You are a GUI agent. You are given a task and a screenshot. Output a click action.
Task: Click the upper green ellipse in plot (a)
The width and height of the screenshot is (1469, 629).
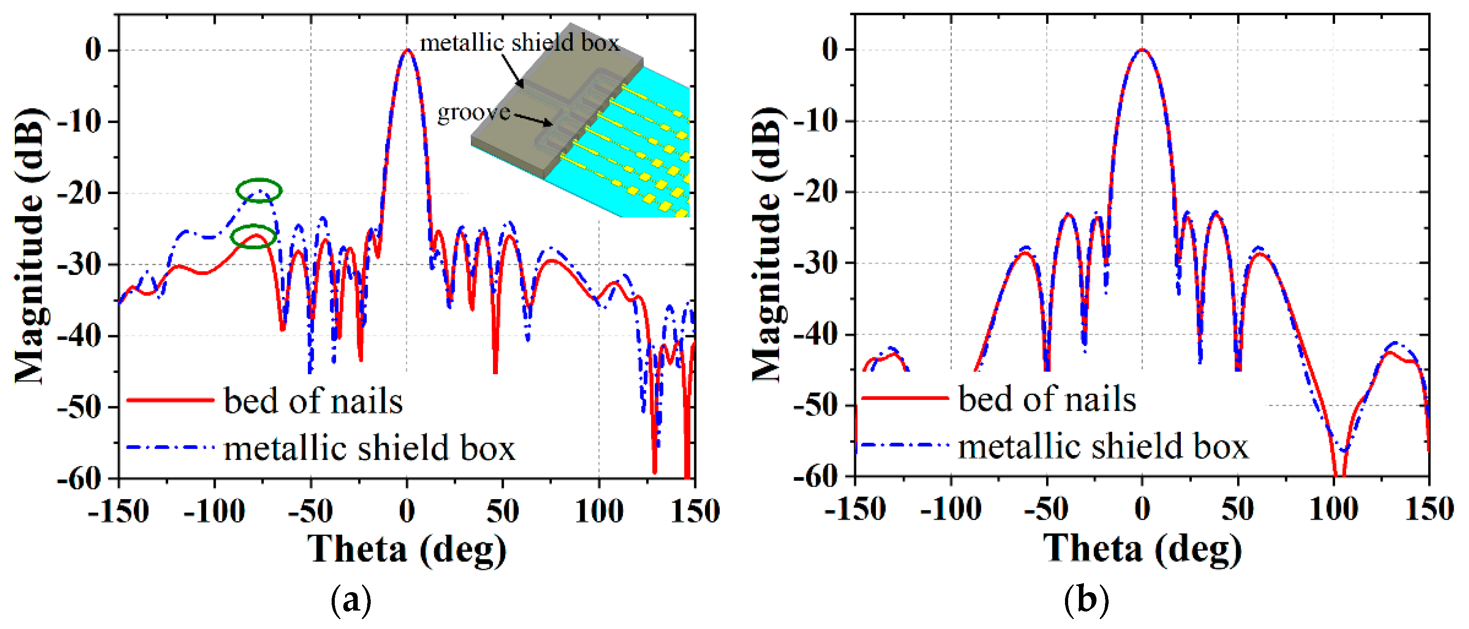click(x=259, y=190)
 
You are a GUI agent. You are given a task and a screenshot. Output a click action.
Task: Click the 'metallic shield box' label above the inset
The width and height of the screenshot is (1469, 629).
click(x=519, y=43)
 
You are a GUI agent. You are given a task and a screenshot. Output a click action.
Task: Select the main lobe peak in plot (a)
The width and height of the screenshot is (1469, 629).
click(x=407, y=50)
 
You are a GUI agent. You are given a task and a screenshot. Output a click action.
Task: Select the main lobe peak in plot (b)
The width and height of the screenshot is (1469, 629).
click(x=1142, y=50)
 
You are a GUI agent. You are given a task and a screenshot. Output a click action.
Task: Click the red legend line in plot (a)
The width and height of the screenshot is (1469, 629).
click(x=169, y=400)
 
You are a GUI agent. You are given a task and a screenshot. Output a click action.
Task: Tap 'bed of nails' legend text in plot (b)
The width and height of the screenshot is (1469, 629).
click(x=1047, y=399)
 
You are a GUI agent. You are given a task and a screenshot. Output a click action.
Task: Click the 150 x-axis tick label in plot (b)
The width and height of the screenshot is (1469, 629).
click(x=1429, y=509)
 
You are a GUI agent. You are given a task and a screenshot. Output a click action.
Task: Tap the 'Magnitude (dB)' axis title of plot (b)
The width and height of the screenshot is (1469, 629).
click(x=767, y=245)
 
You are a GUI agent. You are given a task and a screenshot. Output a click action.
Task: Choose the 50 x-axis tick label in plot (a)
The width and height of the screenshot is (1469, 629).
click(x=502, y=510)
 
